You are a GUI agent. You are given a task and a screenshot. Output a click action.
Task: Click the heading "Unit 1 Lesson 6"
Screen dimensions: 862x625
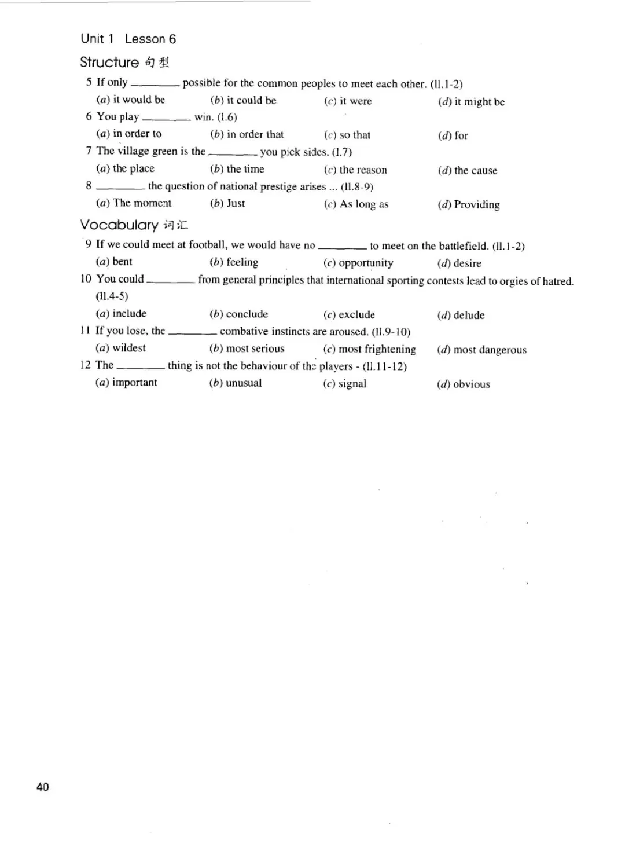pyautogui.click(x=128, y=39)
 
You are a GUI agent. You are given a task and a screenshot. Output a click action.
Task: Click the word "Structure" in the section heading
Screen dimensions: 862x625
pyautogui.click(x=109, y=63)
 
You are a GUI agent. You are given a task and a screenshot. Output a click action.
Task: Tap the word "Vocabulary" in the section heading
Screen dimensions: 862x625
pyautogui.click(x=119, y=225)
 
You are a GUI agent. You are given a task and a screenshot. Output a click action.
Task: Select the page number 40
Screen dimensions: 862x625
pyautogui.click(x=42, y=786)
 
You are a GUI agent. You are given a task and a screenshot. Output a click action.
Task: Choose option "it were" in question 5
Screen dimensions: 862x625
pyautogui.click(x=355, y=101)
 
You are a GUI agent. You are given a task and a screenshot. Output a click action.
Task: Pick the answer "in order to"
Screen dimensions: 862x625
pyautogui.click(x=137, y=134)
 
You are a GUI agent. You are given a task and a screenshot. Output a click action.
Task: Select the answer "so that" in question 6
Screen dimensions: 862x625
pyautogui.click(x=355, y=135)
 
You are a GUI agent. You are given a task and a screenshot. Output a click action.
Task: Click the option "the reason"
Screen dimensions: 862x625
pyautogui.click(x=363, y=170)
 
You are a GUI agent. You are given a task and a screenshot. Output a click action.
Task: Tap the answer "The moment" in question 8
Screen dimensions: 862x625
pyautogui.click(x=142, y=203)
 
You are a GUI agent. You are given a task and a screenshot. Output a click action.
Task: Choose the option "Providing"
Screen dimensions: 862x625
pyautogui.click(x=476, y=204)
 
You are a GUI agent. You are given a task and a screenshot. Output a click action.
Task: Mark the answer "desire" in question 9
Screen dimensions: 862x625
pyautogui.click(x=467, y=263)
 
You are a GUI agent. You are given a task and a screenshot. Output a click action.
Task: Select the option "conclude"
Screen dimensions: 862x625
pyautogui.click(x=247, y=314)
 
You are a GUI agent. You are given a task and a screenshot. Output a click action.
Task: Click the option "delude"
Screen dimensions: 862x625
pyautogui.click(x=469, y=316)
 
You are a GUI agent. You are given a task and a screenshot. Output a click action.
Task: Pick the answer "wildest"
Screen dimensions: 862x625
pyautogui.click(x=128, y=348)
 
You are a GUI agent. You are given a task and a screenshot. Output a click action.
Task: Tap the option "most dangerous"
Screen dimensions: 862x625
pyautogui.click(x=490, y=350)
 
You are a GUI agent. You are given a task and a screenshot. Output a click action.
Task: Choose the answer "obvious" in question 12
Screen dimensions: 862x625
pyautogui.click(x=471, y=384)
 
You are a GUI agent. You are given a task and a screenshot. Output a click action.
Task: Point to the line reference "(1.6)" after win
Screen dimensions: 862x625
pyautogui.click(x=227, y=118)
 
